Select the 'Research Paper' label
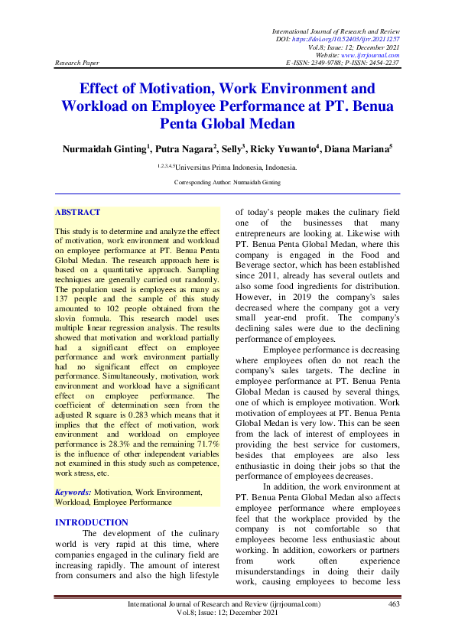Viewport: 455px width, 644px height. [76, 63]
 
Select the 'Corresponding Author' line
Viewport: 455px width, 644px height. [227, 183]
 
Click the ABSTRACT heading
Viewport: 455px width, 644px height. [77, 212]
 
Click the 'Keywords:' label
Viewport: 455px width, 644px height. [73, 493]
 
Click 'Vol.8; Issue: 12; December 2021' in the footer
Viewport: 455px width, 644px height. [227, 613]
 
